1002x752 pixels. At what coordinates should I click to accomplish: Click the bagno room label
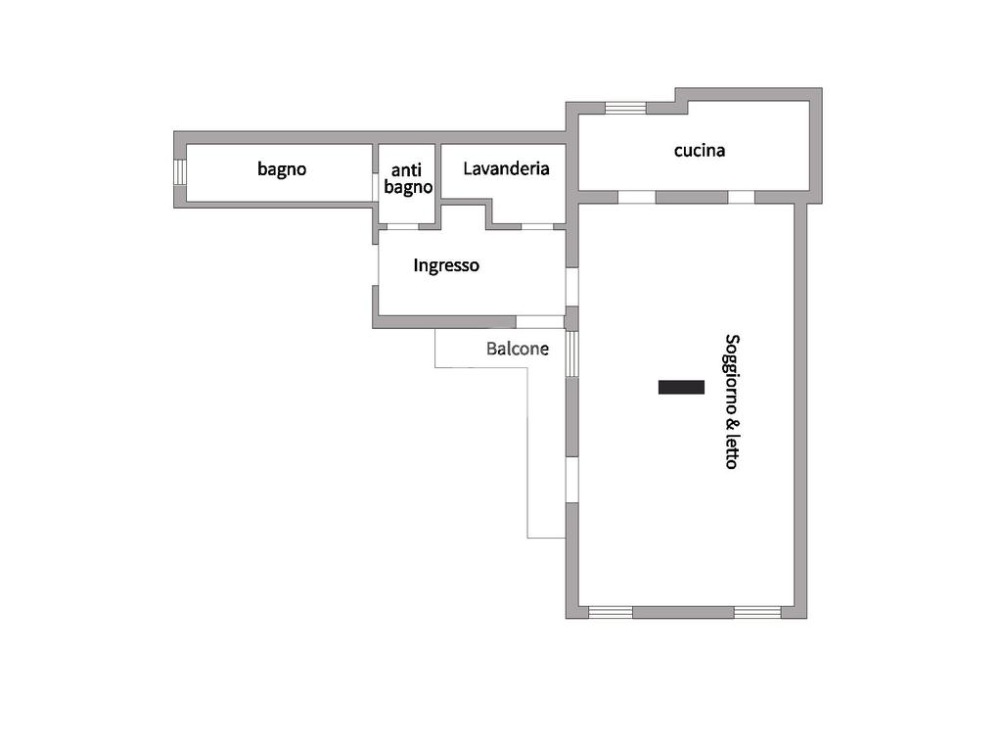(282, 168)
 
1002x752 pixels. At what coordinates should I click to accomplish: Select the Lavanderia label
(506, 168)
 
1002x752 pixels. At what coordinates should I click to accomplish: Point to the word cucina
(700, 151)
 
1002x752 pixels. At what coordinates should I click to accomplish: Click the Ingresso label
(446, 265)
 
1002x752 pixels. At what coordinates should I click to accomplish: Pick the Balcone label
(518, 348)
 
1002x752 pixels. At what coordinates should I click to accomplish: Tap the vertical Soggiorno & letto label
(731, 401)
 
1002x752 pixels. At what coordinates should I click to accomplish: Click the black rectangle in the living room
(681, 387)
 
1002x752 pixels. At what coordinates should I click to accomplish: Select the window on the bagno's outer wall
(180, 171)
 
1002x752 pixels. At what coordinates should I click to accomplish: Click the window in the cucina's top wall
(625, 108)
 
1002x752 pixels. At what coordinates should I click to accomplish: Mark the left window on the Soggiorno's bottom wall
(611, 612)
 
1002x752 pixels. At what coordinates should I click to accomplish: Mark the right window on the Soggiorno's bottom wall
(757, 612)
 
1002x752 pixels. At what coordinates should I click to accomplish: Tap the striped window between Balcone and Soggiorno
(572, 353)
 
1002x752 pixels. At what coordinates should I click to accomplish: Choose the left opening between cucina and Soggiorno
(636, 197)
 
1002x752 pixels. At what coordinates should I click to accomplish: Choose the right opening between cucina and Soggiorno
(742, 197)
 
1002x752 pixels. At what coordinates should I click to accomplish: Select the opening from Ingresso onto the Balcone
(540, 321)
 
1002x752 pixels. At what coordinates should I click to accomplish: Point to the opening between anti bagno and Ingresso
(402, 226)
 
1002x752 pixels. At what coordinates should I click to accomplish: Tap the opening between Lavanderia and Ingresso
(536, 226)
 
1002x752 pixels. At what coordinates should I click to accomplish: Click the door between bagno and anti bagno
(376, 187)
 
